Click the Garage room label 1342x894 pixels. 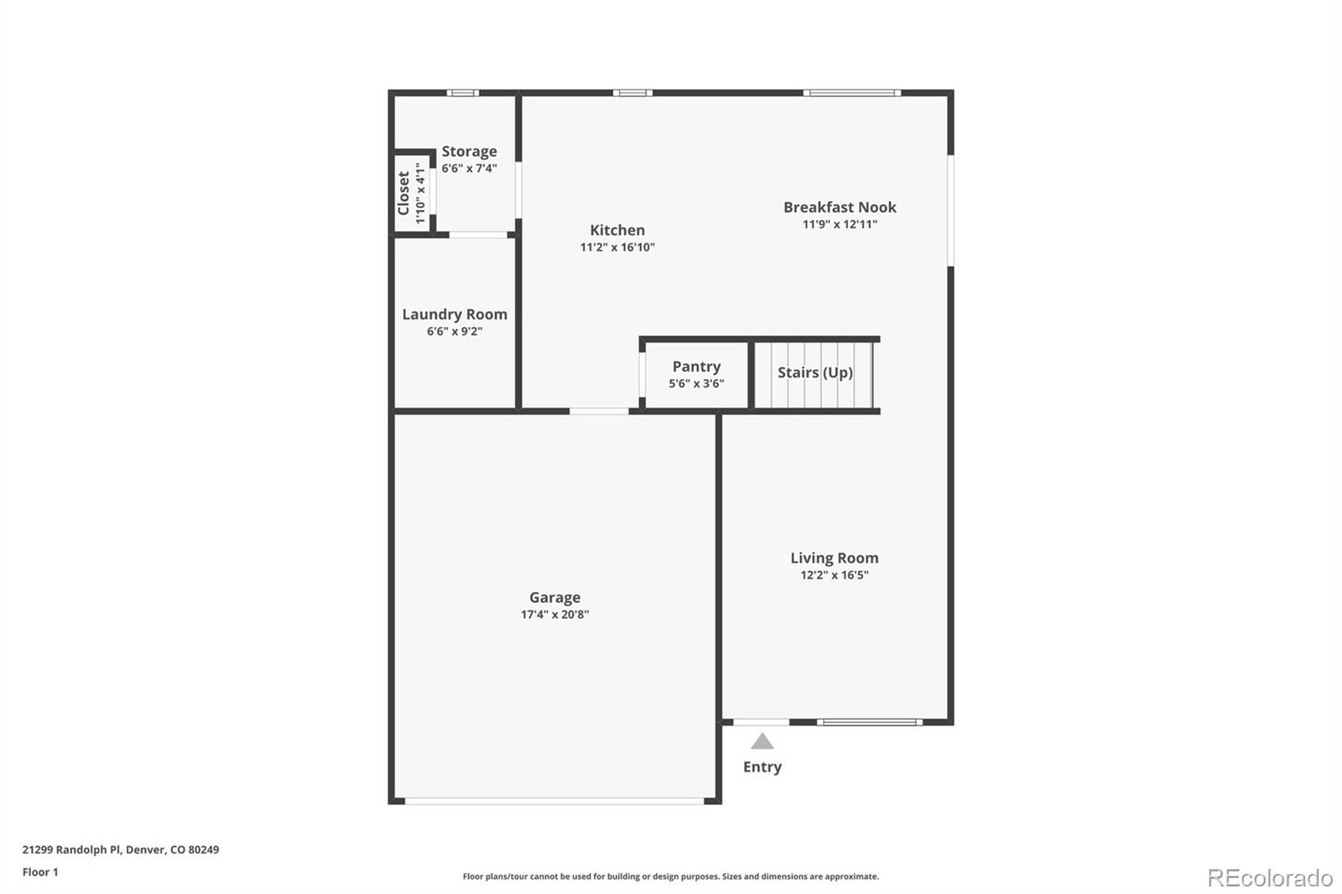pos(554,597)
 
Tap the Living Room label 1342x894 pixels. pos(834,558)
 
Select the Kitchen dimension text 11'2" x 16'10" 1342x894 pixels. pos(617,247)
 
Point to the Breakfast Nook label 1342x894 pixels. pos(840,207)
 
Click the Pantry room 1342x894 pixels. pos(696,375)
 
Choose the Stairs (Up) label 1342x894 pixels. pos(814,372)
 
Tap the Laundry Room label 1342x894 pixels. pos(455,314)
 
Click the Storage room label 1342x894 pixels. pos(469,152)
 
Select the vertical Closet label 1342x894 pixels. pos(403,194)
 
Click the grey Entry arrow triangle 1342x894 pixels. pos(762,741)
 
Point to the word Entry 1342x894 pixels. pos(762,767)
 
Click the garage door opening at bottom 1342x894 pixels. pos(554,802)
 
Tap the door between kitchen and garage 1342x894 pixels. pos(599,411)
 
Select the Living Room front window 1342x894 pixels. pos(870,721)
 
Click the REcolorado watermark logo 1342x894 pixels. pos(1269,878)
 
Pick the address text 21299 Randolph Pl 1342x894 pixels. pos(72,850)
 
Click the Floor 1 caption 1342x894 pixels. pos(40,872)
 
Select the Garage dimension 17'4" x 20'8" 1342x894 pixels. pos(554,615)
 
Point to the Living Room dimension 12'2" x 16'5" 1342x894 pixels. pos(834,575)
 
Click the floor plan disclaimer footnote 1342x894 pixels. pos(670,876)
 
